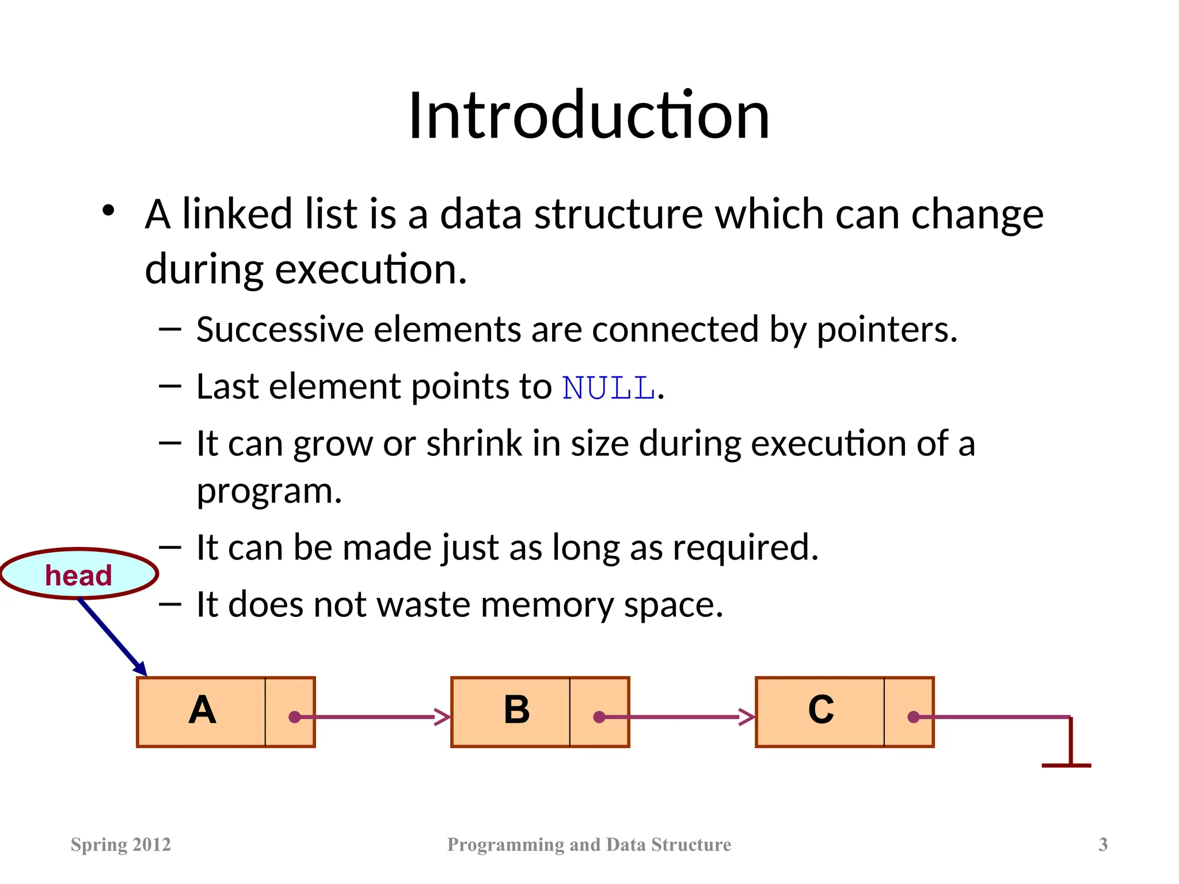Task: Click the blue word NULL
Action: [608, 387]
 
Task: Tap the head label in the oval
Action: [78, 575]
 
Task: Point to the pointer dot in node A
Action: [295, 717]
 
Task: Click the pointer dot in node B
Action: [599, 717]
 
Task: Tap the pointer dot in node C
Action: [913, 717]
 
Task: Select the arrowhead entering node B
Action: [443, 717]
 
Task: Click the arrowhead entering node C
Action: [747, 717]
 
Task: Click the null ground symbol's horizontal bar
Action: [1066, 765]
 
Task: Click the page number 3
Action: [1102, 844]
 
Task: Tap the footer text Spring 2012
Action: [121, 844]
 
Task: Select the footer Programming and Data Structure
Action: [589, 844]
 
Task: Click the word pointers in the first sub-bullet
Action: [886, 330]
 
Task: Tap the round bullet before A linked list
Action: [108, 211]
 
